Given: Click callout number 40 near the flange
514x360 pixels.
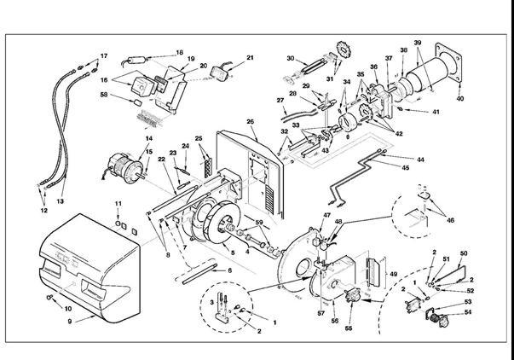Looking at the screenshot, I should point(461,99).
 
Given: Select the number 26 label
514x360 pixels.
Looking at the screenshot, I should point(251,122).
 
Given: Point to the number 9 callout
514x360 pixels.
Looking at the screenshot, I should point(70,321).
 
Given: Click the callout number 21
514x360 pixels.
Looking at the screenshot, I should point(250,58).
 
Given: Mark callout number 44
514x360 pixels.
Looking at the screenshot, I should point(420,160).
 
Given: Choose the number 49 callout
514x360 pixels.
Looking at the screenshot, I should point(393,274).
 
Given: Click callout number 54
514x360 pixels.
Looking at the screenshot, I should point(467,313).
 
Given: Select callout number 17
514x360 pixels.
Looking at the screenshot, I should point(104,56).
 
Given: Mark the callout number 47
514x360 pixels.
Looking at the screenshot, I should point(326,216).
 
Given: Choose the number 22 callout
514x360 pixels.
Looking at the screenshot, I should point(162,160).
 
